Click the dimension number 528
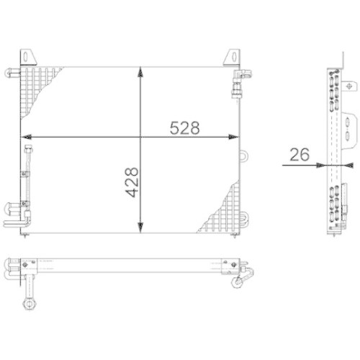(184, 127)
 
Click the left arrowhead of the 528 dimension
(24, 138)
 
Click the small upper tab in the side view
(333, 63)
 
